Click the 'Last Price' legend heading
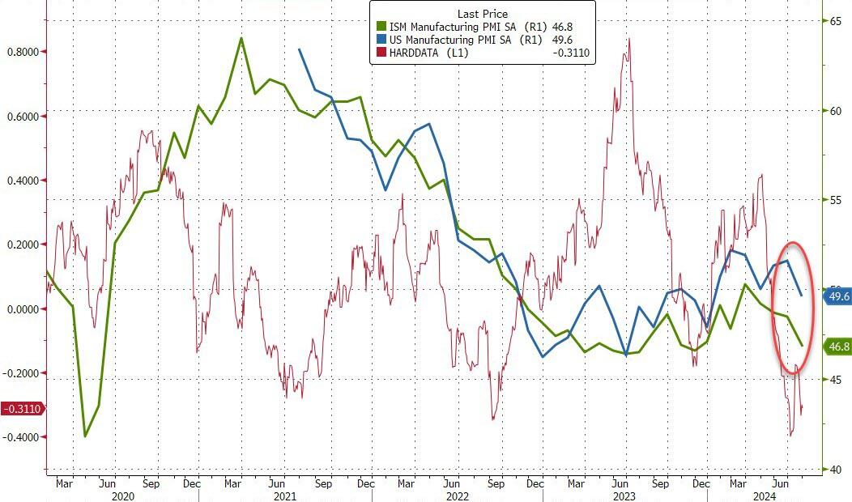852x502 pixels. tap(484, 13)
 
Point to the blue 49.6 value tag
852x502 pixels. tap(837, 297)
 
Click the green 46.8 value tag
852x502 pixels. tap(837, 347)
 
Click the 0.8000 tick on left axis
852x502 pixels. tap(22, 52)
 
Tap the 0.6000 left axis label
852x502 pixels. tap(22, 116)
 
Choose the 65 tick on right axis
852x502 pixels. tap(833, 21)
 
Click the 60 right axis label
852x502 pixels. tap(833, 111)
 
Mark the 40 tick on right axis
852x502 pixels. tap(833, 470)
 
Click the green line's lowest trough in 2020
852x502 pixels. tap(85, 436)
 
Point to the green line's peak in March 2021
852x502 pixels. tap(241, 38)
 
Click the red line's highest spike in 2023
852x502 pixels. tap(628, 39)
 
